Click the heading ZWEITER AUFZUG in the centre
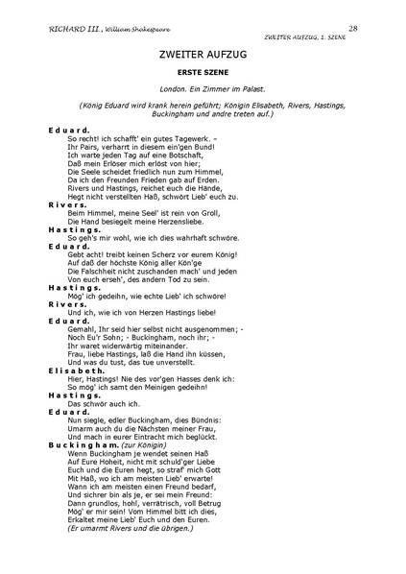point(203,58)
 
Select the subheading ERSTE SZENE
point(203,75)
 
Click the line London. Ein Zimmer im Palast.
point(203,94)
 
